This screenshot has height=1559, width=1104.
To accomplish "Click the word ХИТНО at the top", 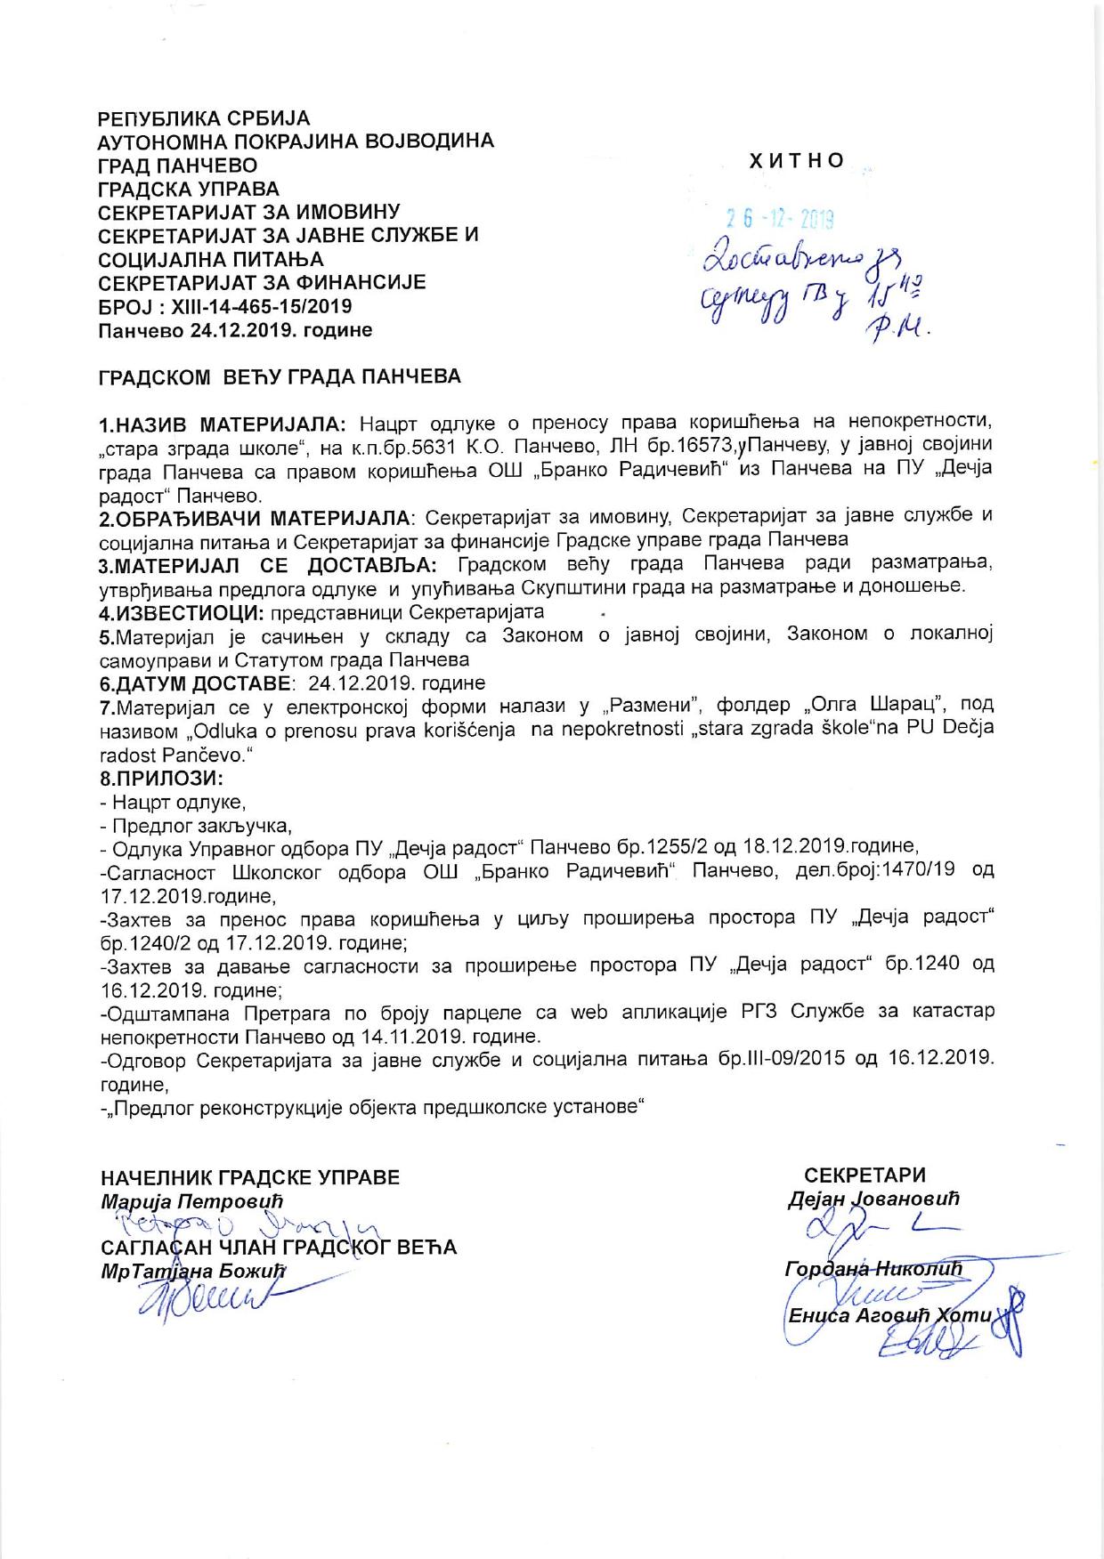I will point(797,160).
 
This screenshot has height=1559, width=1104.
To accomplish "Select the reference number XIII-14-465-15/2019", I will point(257,306).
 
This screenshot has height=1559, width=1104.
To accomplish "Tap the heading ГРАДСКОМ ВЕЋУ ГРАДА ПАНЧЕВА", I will point(279,376).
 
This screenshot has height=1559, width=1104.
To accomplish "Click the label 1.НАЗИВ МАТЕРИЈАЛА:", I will point(227,421).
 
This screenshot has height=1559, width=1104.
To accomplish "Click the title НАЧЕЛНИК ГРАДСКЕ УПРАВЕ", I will point(250,1177).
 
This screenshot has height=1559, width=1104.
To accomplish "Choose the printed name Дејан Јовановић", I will point(873,1199).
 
